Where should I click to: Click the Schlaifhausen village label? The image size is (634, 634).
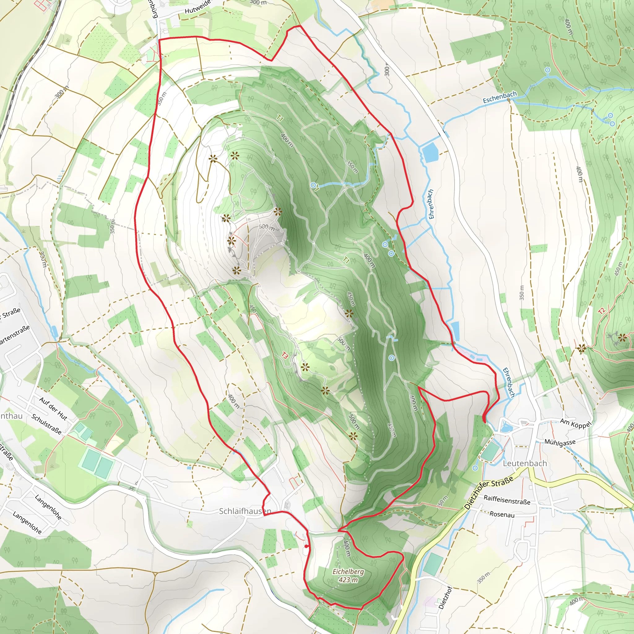pyautogui.click(x=245, y=511)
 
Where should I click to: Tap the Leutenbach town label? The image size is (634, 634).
pyautogui.click(x=525, y=463)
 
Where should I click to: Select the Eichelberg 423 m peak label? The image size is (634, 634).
pyautogui.click(x=348, y=575)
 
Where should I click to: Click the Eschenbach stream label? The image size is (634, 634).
pyautogui.click(x=499, y=97)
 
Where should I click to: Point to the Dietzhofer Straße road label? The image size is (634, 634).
pyautogui.click(x=489, y=493)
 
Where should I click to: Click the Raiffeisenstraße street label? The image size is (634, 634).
pyautogui.click(x=507, y=500)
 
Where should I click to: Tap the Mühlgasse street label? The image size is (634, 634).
pyautogui.click(x=560, y=443)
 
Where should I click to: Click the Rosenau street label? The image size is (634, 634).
pyautogui.click(x=502, y=514)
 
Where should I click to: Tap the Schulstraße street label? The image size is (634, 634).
pyautogui.click(x=46, y=424)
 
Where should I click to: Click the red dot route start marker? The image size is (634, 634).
pyautogui.click(x=306, y=546)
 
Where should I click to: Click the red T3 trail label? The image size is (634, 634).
pyautogui.click(x=285, y=355)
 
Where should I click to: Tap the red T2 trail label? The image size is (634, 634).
pyautogui.click(x=601, y=311)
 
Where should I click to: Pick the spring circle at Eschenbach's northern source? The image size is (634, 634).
pyautogui.click(x=547, y=70)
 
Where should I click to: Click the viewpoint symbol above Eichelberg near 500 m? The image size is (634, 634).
pyautogui.click(x=353, y=436)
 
